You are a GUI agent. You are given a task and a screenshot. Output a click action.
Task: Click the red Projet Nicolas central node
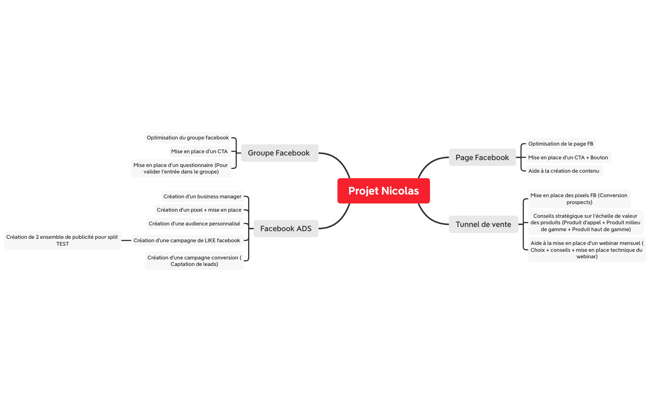(383, 191)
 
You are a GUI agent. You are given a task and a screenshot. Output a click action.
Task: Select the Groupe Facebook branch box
(279, 153)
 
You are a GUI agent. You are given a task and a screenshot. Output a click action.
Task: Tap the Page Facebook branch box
(482, 157)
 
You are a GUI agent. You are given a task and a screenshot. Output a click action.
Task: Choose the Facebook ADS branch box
(286, 229)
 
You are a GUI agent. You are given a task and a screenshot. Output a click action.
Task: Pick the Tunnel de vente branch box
(483, 224)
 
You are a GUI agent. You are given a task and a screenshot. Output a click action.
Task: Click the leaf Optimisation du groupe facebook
(188, 138)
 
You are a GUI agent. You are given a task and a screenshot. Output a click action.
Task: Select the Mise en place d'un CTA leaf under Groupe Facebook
(200, 151)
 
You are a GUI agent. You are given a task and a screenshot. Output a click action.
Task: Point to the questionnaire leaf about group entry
(181, 168)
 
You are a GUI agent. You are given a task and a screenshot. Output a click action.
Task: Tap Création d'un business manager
(202, 196)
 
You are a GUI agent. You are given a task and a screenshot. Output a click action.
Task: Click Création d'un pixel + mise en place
(199, 210)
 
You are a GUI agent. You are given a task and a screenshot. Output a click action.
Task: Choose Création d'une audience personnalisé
(195, 224)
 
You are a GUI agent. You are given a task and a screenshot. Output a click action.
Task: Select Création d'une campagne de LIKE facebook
(187, 240)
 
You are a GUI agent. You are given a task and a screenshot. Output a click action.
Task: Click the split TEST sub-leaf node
(62, 240)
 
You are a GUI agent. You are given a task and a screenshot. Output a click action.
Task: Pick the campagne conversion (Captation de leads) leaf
(194, 261)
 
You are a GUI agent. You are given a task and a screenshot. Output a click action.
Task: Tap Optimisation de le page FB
(561, 144)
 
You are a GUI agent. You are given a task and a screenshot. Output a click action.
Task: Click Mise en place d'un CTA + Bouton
(568, 157)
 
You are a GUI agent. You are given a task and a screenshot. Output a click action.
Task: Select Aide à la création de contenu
(564, 171)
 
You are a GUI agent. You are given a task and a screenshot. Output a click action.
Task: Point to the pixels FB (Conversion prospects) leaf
(579, 199)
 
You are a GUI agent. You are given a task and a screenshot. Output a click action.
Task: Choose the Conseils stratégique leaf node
(585, 222)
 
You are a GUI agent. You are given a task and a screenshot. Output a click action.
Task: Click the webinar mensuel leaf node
(587, 250)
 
